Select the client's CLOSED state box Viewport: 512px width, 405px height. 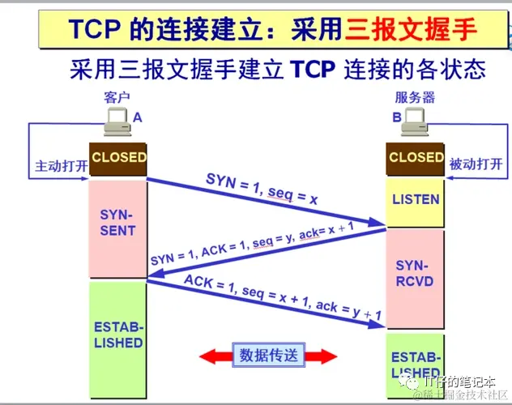[118, 158]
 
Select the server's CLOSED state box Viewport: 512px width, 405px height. [416, 158]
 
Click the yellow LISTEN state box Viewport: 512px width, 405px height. [416, 199]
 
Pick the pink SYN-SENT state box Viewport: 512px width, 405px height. [118, 223]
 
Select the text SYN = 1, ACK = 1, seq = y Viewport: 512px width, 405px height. [223, 247]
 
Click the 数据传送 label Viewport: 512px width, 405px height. [269, 355]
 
